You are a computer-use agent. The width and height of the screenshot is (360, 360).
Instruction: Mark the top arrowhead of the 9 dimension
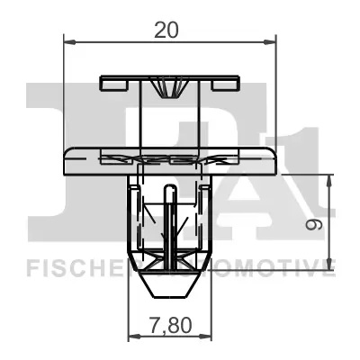(332, 177)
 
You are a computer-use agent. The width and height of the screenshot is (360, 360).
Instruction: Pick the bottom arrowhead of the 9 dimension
(332, 265)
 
